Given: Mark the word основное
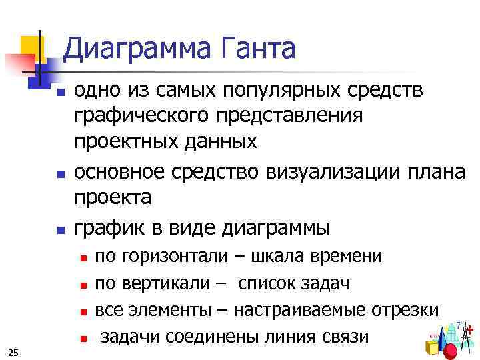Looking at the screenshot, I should tap(124, 172).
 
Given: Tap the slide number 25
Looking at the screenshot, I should tap(14, 351).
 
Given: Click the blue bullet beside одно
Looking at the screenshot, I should tap(59, 91).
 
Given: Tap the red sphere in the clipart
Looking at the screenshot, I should tap(451, 350).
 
